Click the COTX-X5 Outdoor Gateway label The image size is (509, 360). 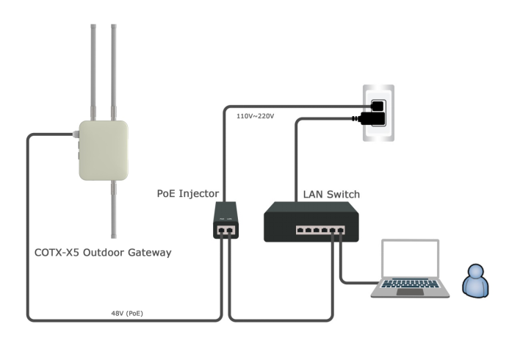pos(103,252)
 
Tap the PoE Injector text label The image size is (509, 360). pos(188,193)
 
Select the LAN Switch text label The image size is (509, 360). pos(331,195)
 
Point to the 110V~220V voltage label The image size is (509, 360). pos(255,116)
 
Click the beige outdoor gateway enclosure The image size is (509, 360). pos(104,151)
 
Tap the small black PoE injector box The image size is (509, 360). pos(225,220)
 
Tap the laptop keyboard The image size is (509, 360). pos(409,284)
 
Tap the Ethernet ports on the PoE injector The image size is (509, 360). pos(225,231)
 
